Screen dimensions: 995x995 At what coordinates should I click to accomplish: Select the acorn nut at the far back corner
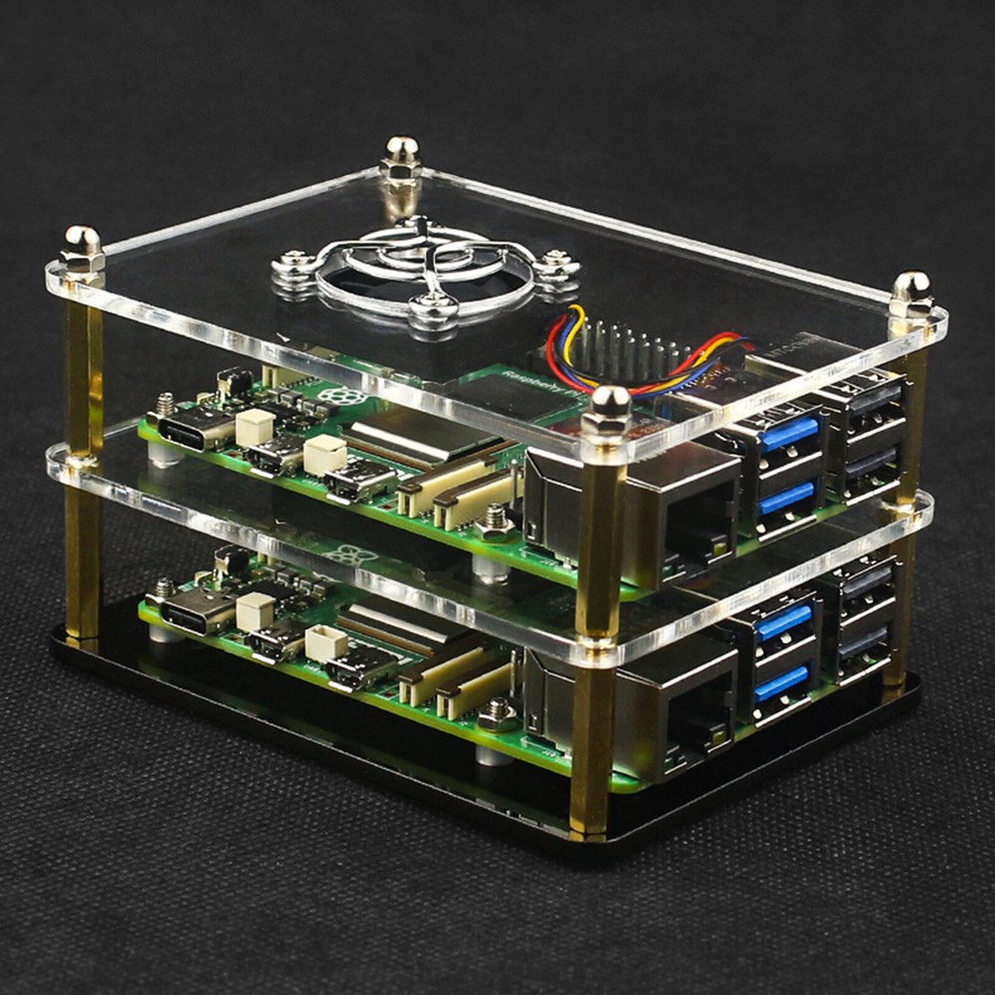pyautogui.click(x=401, y=157)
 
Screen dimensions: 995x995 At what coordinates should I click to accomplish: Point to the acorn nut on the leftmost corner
pyautogui.click(x=82, y=247)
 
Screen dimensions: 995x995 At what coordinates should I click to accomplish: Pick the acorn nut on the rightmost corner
pyautogui.click(x=911, y=295)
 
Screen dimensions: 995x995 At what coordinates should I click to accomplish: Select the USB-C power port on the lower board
pyautogui.click(x=193, y=615)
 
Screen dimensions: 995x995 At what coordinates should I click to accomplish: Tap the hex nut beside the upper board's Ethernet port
pyautogui.click(x=495, y=521)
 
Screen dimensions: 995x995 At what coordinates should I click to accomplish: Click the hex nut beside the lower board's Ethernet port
pyautogui.click(x=496, y=712)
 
